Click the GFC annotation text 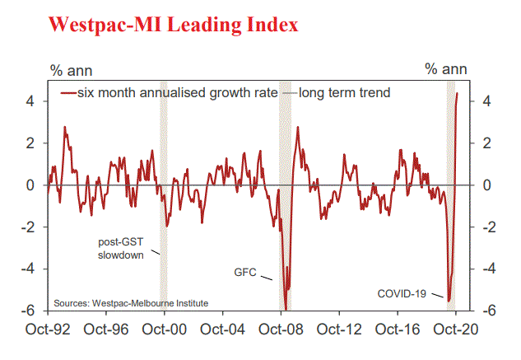244,270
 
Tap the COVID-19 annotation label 402,293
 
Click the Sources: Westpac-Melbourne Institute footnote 131,303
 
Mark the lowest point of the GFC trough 285,309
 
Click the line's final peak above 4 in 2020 458,93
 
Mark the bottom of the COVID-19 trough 449,298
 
